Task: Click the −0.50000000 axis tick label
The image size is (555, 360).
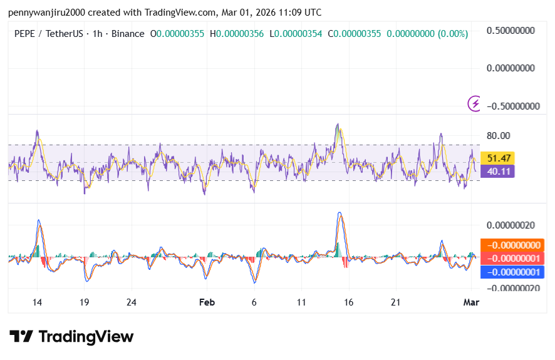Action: tap(513, 106)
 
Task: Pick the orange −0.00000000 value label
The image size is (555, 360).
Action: tap(513, 245)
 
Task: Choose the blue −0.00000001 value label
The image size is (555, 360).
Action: tap(513, 272)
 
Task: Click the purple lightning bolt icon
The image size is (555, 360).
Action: tap(475, 103)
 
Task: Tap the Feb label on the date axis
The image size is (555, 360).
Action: tap(207, 302)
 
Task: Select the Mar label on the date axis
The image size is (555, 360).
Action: tap(471, 302)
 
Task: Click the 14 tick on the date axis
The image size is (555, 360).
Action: tap(37, 302)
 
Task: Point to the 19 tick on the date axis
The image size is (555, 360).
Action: tap(84, 302)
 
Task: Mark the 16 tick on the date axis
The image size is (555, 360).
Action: tap(348, 302)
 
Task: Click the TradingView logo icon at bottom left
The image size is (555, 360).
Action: tap(21, 337)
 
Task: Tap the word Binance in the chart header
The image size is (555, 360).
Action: tap(127, 34)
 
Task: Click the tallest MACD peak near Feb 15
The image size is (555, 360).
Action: tap(340, 213)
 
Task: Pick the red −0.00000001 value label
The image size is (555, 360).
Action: tap(513, 259)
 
